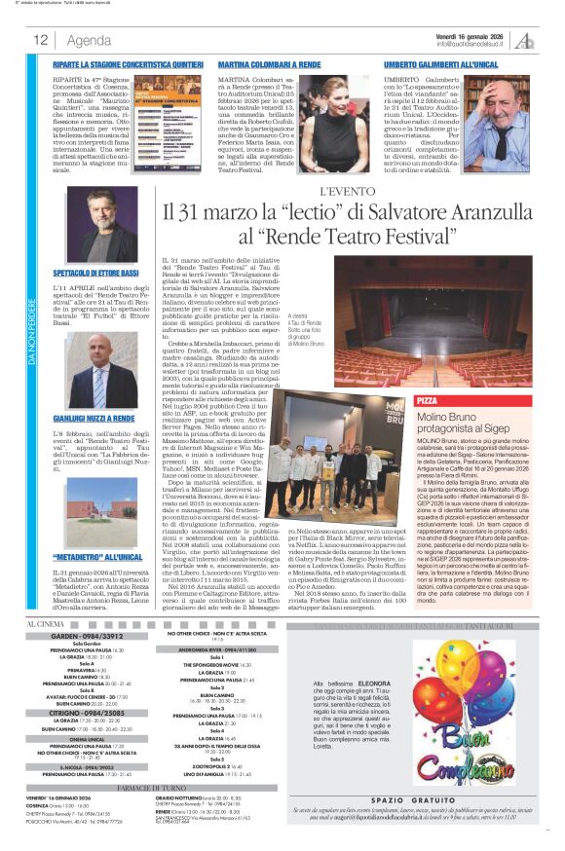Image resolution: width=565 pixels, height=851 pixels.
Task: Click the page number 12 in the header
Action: tap(41, 40)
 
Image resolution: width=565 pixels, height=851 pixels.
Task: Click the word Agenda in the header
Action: tap(90, 40)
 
